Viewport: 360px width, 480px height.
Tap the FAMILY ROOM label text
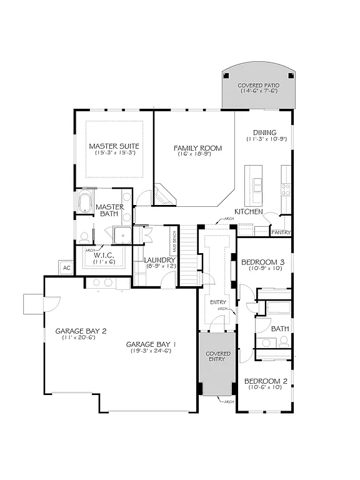pyautogui.click(x=198, y=148)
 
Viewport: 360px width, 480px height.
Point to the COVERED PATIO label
pyautogui.click(x=259, y=84)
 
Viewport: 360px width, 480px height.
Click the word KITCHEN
pyautogui.click(x=248, y=212)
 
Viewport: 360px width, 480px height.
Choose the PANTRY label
pyautogui.click(x=279, y=232)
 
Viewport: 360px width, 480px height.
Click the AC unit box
pyautogui.click(x=66, y=267)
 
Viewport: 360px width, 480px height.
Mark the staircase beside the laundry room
pyautogui.click(x=189, y=247)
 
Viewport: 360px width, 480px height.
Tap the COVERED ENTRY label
pyautogui.click(x=218, y=357)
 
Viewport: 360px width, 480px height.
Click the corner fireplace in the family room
pyautogui.click(x=164, y=194)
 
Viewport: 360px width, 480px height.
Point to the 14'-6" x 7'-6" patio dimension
pyautogui.click(x=259, y=91)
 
